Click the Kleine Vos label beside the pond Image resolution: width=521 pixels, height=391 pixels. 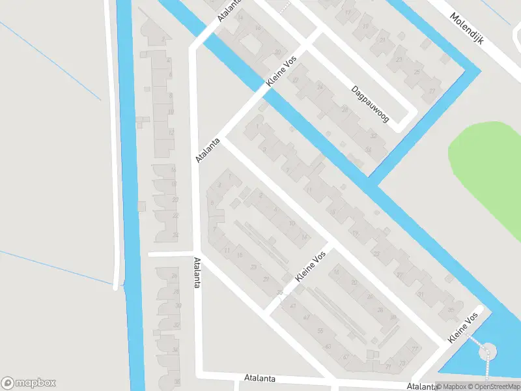[x=462, y=328]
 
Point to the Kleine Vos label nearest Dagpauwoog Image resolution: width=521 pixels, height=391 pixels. [x=281, y=72]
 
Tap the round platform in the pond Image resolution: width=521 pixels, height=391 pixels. [x=486, y=353]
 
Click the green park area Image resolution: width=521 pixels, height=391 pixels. [x=488, y=169]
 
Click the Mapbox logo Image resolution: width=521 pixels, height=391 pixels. [x=29, y=383]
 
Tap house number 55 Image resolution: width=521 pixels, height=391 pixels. [x=320, y=331]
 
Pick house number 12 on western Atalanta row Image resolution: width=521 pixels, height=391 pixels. [x=171, y=132]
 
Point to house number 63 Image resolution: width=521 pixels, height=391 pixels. [x=328, y=346]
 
